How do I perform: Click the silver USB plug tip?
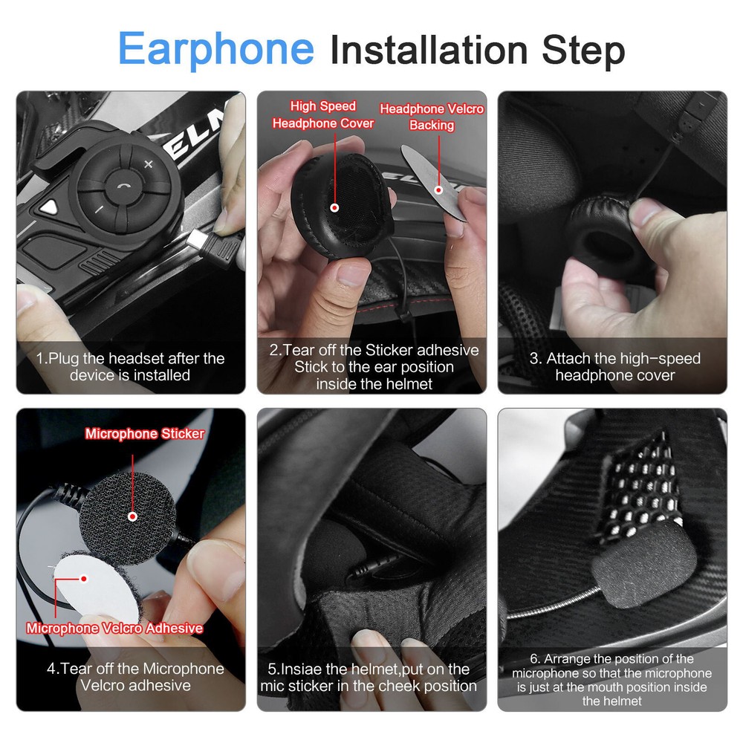pos(194,240)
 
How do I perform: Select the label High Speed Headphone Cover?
pos(323,115)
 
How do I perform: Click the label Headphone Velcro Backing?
pos(432,117)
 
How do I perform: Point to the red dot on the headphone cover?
pos(334,209)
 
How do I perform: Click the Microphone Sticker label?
pos(144,434)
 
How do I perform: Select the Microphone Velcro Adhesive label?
pos(114,629)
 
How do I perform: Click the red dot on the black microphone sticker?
pos(132,516)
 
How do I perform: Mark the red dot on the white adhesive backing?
pos(84,578)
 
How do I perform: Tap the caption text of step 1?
pos(131,367)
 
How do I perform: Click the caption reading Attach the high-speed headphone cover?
pos(615,367)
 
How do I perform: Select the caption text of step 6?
pos(612,680)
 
